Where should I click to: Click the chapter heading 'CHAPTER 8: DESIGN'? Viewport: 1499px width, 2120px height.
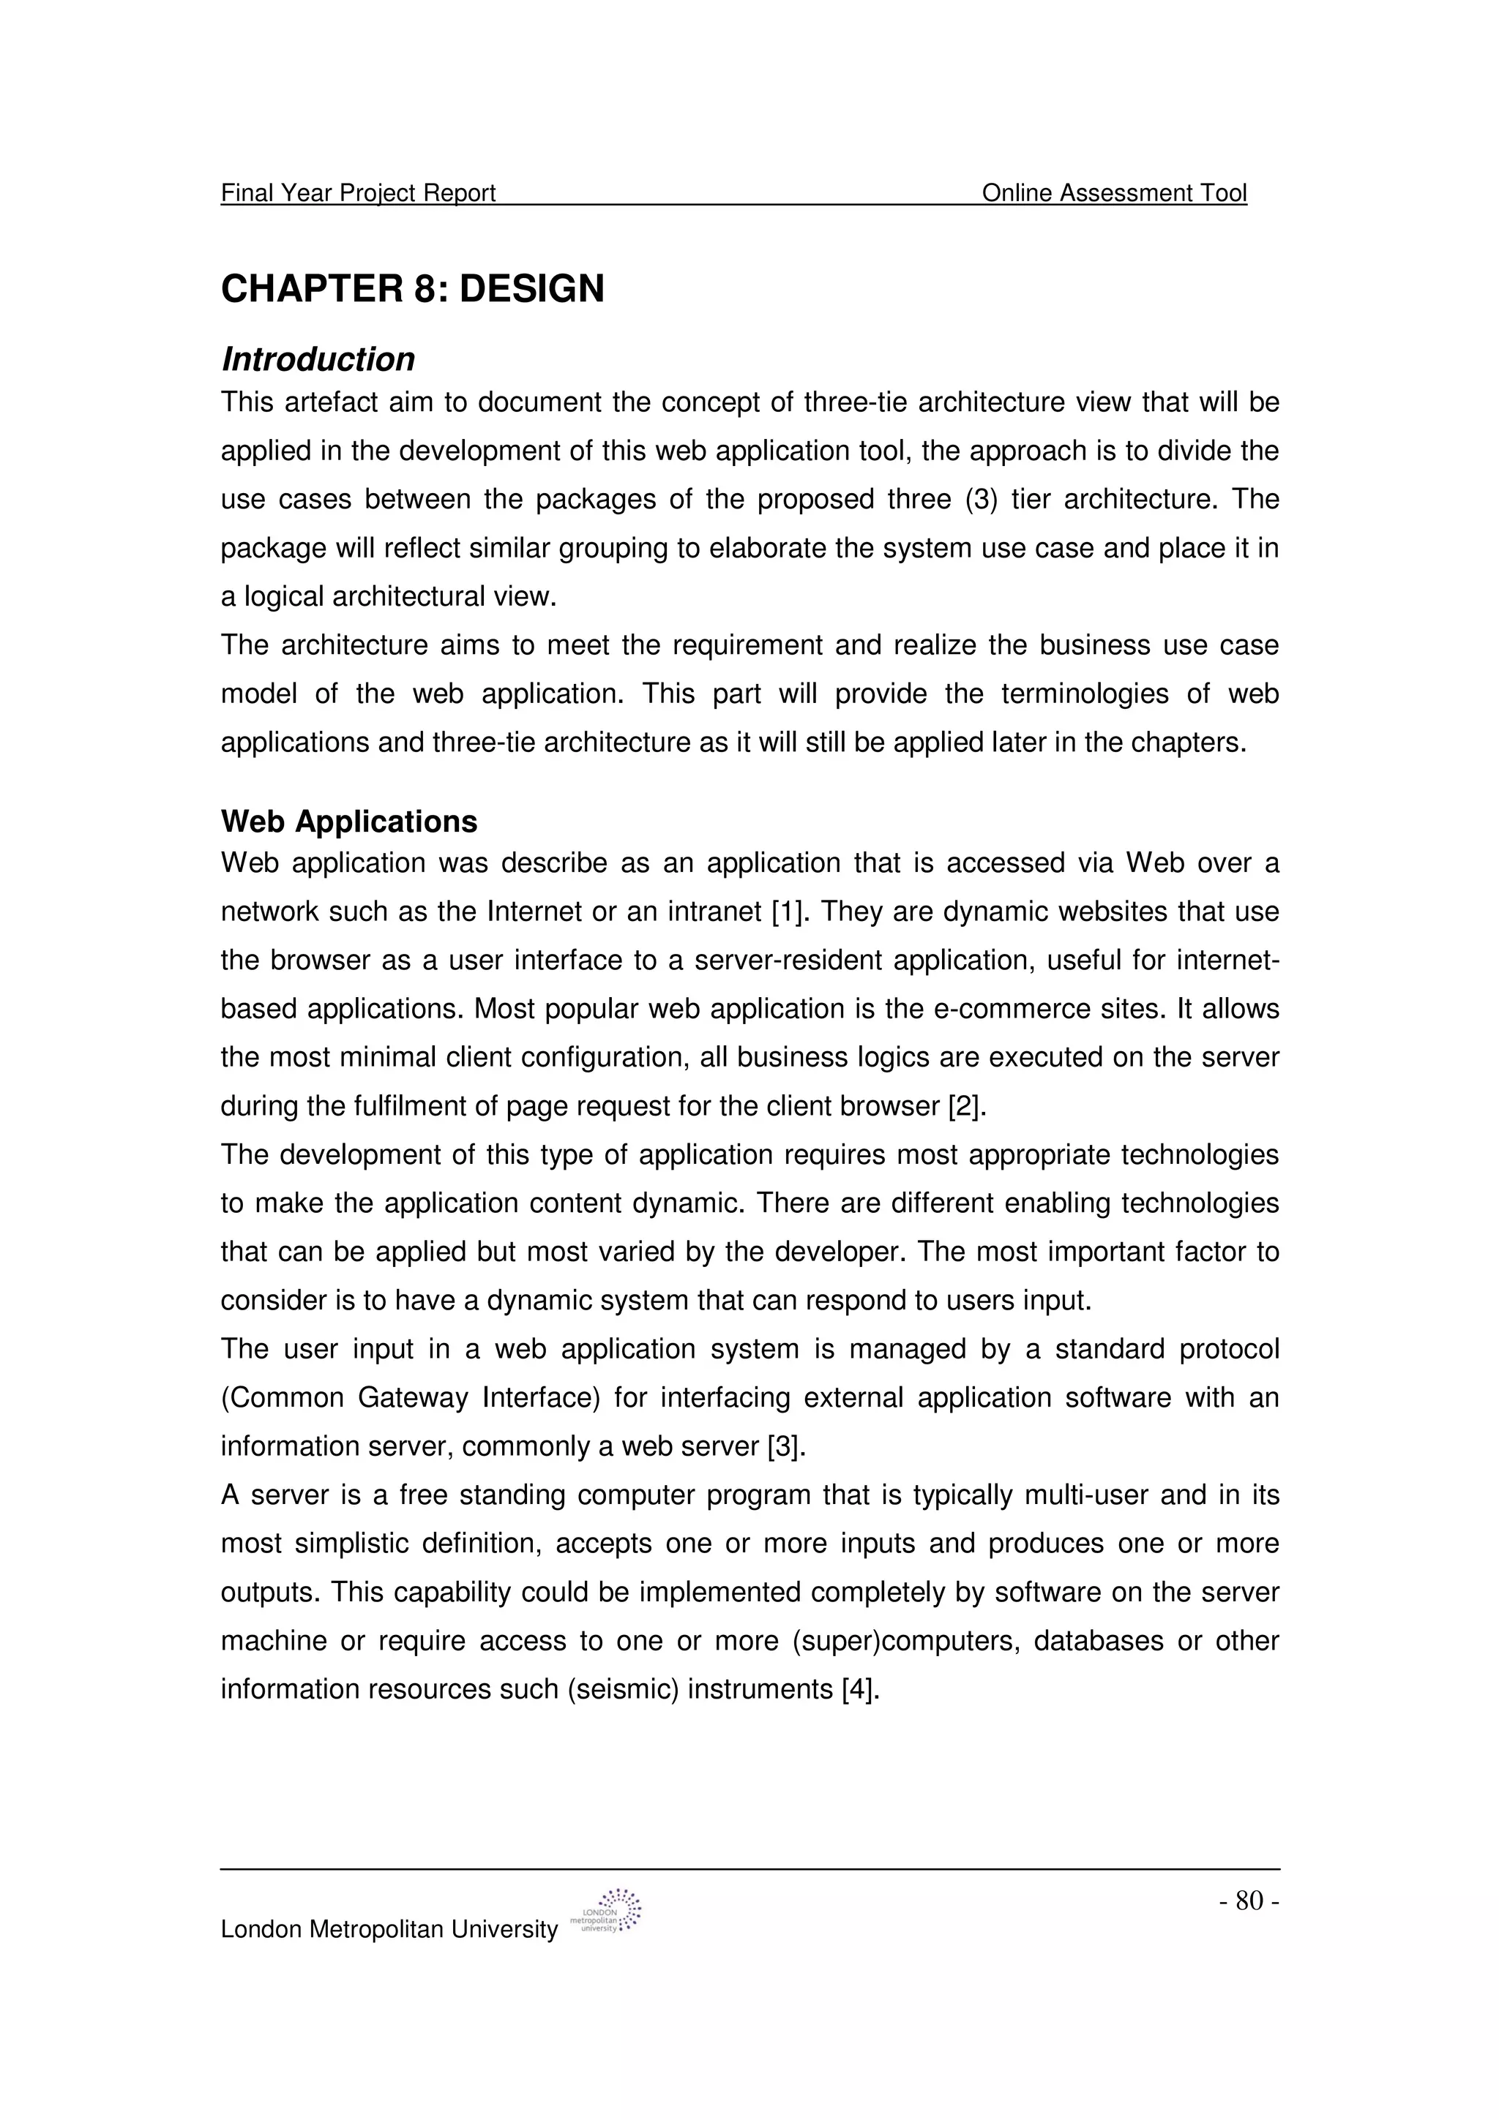[x=412, y=289]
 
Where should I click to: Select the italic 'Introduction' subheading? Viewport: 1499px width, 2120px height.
[x=318, y=359]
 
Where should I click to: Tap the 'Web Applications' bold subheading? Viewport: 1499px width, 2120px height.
[x=349, y=821]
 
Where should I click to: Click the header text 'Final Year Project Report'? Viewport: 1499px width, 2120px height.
[x=359, y=193]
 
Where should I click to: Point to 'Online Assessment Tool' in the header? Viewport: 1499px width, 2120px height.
[x=1114, y=193]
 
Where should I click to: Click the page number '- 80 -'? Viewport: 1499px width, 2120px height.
[x=1249, y=1901]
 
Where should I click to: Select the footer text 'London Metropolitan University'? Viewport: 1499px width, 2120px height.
[x=389, y=1929]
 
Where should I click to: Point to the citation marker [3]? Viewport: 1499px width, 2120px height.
[x=787, y=1446]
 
